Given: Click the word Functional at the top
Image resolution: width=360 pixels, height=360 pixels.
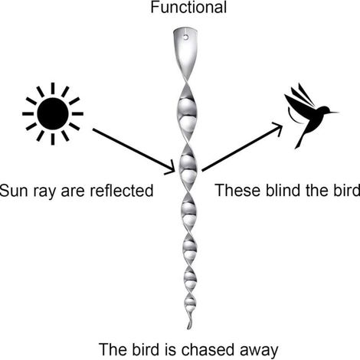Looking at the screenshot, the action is [188, 7].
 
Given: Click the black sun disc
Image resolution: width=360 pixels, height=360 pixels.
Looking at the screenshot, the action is [53, 113].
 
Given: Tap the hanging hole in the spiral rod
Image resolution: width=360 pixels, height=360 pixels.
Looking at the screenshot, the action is [186, 38].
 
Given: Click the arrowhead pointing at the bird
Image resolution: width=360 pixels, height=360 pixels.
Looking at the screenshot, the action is [278, 128].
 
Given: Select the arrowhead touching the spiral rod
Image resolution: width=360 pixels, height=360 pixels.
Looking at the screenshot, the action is [171, 168].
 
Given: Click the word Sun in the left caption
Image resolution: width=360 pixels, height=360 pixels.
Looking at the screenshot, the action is [14, 191].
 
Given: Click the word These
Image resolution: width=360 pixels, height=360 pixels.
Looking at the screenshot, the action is [238, 190].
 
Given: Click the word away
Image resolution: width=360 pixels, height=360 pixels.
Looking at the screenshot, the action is [258, 351].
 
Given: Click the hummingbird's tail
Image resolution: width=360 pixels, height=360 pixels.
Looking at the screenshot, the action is [299, 140].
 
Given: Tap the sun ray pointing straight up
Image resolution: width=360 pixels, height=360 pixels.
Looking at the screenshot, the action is [53, 88].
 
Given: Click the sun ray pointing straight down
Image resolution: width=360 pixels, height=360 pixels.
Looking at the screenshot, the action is [53, 139].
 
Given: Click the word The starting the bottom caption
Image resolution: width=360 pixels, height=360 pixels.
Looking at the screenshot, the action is [113, 349].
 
